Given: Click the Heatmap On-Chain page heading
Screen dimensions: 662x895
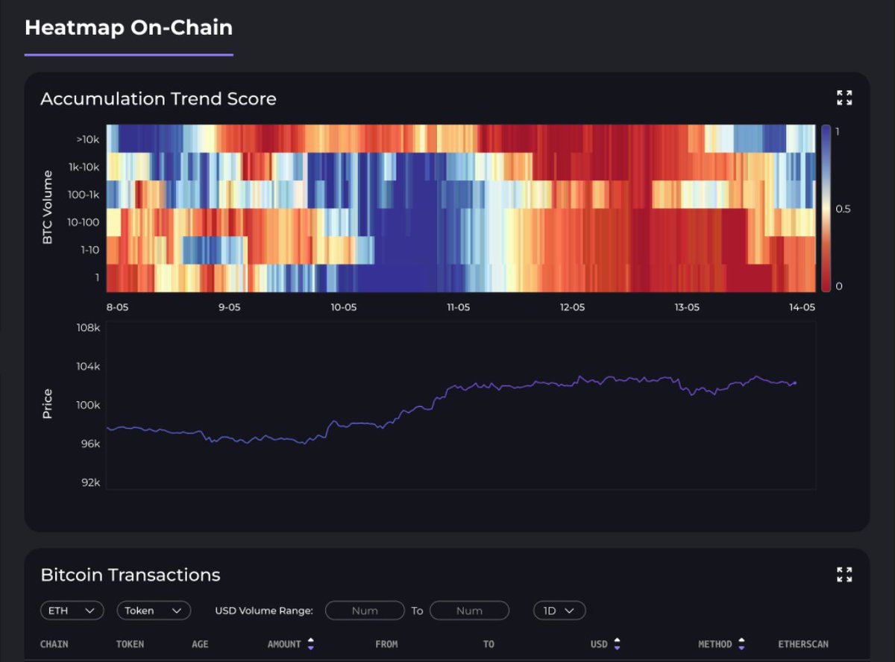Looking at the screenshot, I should click(x=128, y=28).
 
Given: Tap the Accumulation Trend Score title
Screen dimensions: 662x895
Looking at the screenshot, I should click(x=158, y=99).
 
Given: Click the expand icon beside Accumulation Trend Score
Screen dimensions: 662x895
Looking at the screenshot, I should click(x=844, y=98).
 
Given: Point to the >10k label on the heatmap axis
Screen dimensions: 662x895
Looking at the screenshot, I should click(x=87, y=139).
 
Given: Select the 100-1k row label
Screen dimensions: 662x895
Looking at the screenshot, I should click(x=84, y=195).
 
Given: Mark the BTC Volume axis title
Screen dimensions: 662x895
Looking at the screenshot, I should click(x=48, y=208).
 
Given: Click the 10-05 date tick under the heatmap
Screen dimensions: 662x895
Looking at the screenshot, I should click(x=344, y=307).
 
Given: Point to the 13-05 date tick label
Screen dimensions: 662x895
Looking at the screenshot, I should click(x=687, y=307).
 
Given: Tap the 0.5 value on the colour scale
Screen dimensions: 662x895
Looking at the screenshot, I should click(x=843, y=209).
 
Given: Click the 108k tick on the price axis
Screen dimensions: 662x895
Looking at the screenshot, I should click(x=88, y=328).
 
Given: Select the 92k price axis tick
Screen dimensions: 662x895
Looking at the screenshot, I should click(x=89, y=482).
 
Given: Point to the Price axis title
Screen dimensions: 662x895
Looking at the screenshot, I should click(x=48, y=403).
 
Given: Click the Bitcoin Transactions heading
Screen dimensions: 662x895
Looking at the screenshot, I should click(x=131, y=575).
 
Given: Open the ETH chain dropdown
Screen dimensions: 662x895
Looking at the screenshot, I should click(x=72, y=611).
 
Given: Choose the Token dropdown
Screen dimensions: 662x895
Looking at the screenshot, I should click(x=154, y=611).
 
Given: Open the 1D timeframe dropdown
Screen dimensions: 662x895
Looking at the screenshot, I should click(x=559, y=611).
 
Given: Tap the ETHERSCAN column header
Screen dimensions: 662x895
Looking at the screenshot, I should click(x=803, y=644).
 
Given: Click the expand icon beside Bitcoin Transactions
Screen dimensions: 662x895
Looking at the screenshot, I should click(x=844, y=574).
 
